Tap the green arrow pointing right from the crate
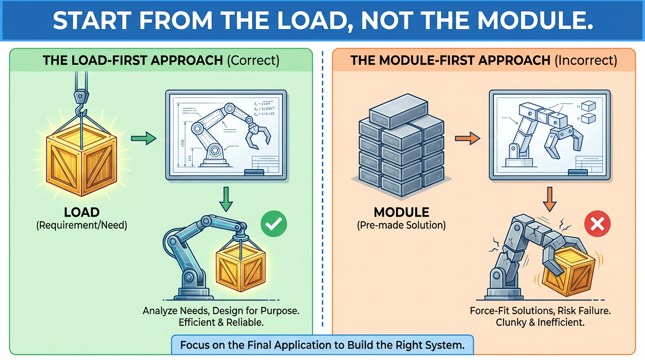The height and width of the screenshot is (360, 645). (x=143, y=138)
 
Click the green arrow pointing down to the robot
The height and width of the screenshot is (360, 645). (x=226, y=199)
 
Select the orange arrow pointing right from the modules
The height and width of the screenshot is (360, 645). (x=467, y=138)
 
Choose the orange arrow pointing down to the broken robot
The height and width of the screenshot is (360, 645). (x=549, y=199)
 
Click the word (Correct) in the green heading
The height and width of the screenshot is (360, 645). (x=253, y=60)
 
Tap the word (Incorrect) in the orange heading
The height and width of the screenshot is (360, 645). (x=586, y=60)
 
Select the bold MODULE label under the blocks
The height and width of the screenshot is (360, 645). (x=401, y=213)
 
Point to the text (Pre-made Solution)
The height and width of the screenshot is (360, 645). (x=401, y=225)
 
